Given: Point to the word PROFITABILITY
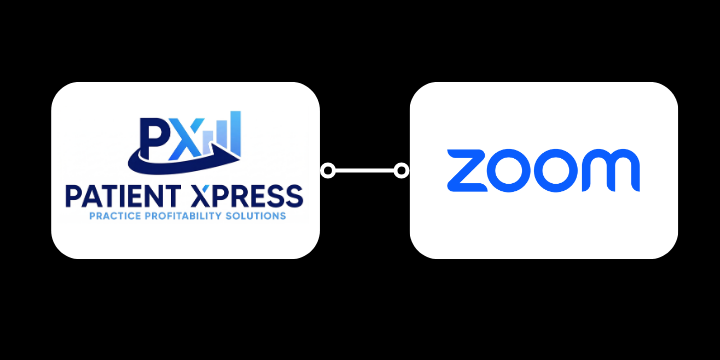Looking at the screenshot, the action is point(188,215).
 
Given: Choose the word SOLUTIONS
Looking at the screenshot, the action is point(259,215).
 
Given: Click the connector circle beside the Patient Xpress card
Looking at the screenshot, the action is point(327,170).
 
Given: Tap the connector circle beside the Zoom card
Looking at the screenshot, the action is point(402,170).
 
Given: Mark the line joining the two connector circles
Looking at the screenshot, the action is point(364,170).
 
